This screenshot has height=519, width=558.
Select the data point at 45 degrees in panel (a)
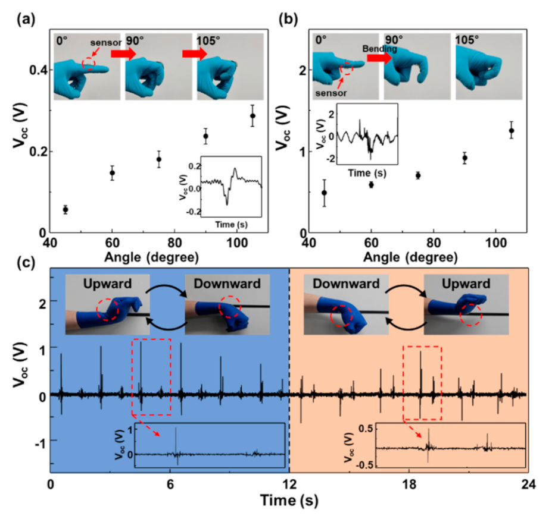point(66,210)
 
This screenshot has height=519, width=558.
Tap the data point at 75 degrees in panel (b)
point(418,175)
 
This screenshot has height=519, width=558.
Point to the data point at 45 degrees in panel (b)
point(325,193)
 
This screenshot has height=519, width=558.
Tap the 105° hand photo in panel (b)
point(489,66)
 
